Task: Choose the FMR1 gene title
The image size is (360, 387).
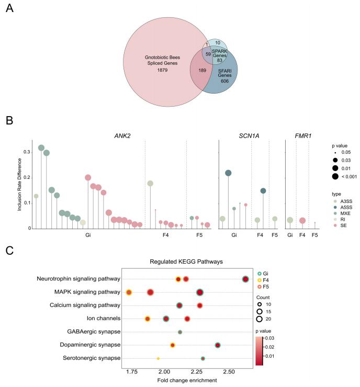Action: pos(302,135)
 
